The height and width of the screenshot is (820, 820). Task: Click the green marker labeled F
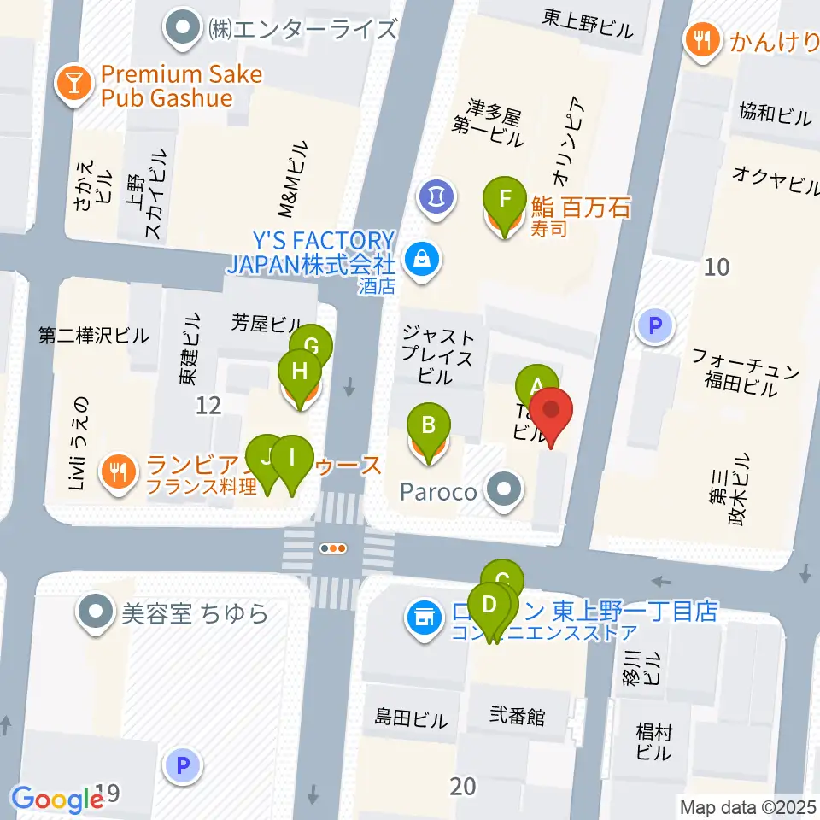[x=505, y=200]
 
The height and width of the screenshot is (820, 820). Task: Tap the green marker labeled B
[x=429, y=425]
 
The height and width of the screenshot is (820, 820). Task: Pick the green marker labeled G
[x=310, y=347]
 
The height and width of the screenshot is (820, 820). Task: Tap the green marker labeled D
[x=489, y=606]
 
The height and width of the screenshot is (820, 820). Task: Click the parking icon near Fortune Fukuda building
[x=655, y=325]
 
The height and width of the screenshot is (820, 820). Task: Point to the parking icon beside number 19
[x=182, y=764]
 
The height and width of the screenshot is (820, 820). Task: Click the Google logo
[x=57, y=799]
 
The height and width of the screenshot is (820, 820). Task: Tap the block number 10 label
[x=717, y=267]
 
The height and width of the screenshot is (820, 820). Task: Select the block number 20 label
[x=462, y=786]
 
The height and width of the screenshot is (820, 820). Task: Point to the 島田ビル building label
[x=411, y=719]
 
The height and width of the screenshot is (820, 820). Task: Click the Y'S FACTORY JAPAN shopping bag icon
[x=421, y=255]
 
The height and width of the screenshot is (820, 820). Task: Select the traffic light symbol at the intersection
[x=333, y=549]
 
